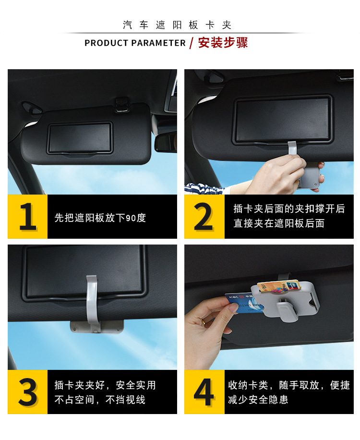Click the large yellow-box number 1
[x=28, y=216]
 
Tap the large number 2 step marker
[x=204, y=216]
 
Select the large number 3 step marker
[x=27, y=392]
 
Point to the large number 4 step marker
[x=204, y=392]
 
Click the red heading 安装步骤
[x=223, y=43]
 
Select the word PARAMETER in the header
[x=158, y=43]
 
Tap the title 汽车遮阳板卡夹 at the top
[x=177, y=25]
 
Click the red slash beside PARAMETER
[x=192, y=43]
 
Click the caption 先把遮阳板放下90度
[x=100, y=218]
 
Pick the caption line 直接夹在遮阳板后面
[x=279, y=223]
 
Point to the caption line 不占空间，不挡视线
[x=100, y=400]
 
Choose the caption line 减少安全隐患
[x=258, y=400]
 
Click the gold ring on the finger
[x=204, y=321]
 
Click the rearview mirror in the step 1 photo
[x=166, y=142]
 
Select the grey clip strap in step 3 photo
[x=92, y=303]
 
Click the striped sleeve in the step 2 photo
[x=204, y=189]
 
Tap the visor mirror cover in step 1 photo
[x=80, y=138]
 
